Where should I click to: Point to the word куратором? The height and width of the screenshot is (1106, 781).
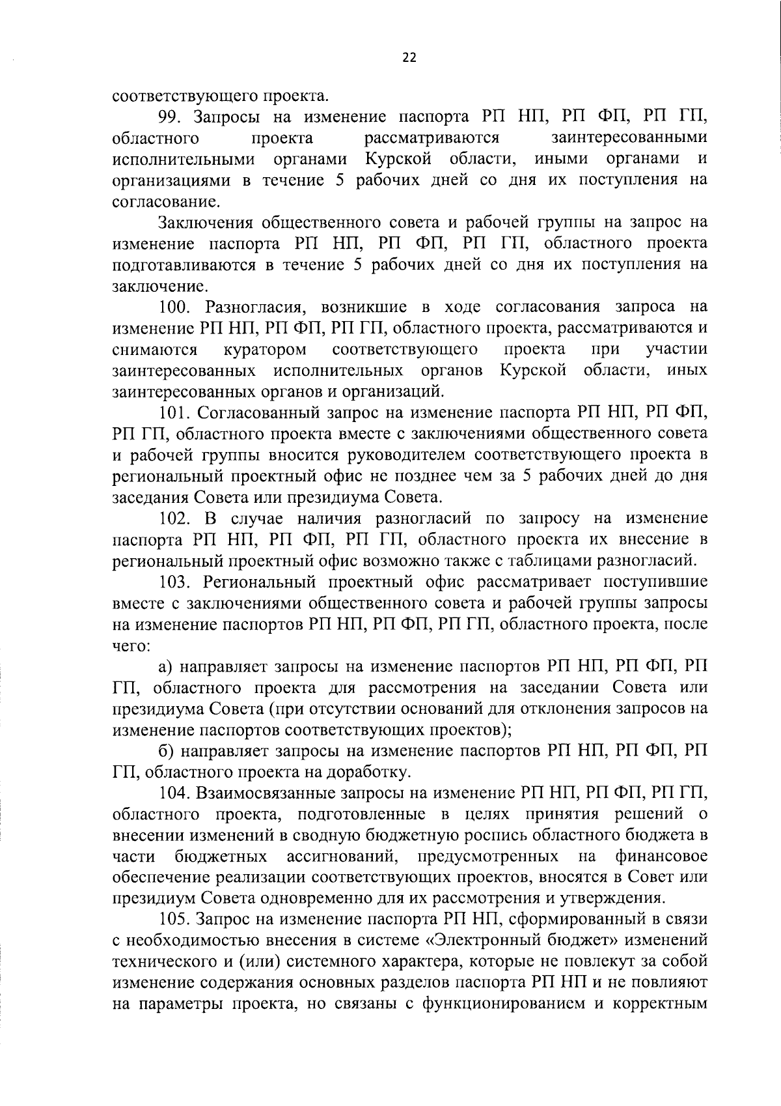[265, 350]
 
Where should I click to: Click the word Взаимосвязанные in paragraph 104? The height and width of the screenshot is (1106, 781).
[266, 794]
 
